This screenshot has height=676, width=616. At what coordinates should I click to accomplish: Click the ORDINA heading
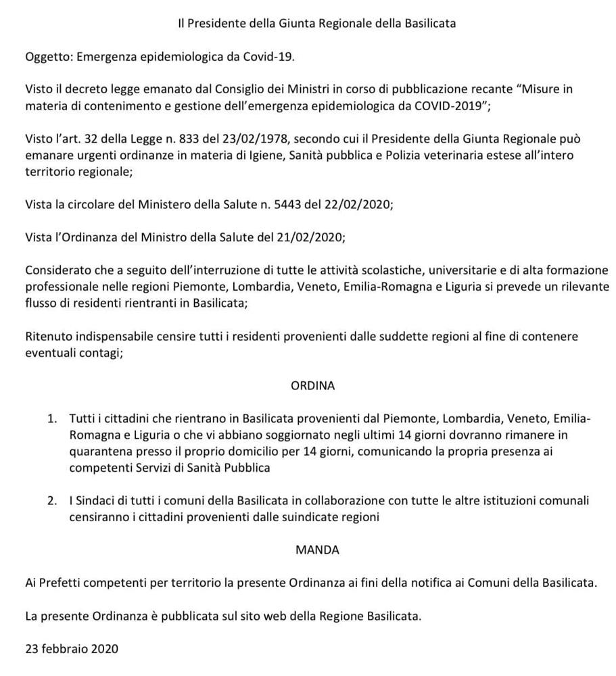pos(312,386)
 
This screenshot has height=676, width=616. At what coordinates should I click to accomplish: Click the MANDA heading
pos(317,550)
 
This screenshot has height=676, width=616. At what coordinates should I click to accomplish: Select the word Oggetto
pos(48,56)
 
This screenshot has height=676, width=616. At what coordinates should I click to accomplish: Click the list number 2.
pos(52,501)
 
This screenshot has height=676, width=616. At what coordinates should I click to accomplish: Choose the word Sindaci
pos(97,501)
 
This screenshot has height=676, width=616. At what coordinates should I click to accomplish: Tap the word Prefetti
pos(64,583)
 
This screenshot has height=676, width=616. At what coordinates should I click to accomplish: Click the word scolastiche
pos(401,270)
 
